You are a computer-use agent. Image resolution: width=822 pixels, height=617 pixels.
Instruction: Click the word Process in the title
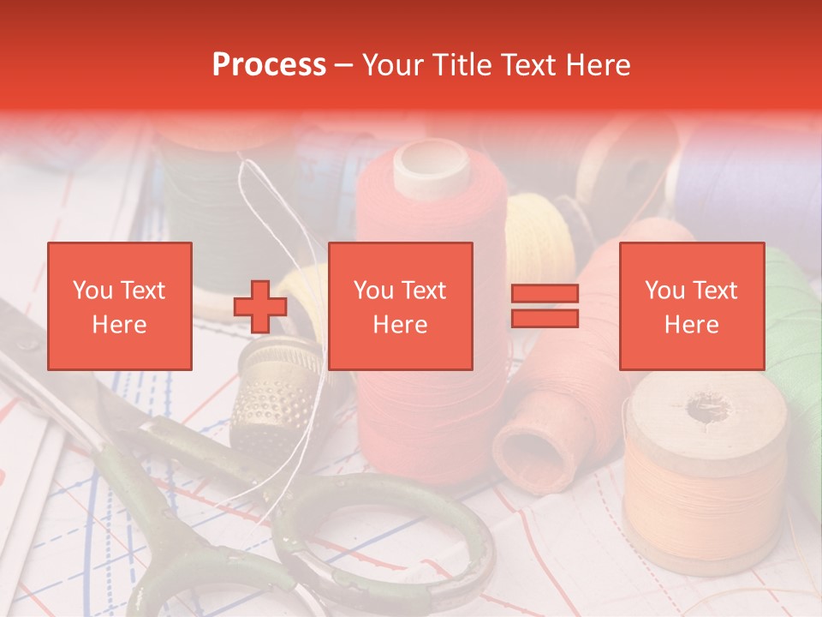[x=269, y=65]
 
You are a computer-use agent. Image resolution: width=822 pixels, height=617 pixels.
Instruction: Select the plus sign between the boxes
[x=260, y=307]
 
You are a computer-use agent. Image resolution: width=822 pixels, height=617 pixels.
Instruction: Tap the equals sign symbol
[x=545, y=306]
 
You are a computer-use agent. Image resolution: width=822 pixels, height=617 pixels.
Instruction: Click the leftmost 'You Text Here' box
[x=120, y=306]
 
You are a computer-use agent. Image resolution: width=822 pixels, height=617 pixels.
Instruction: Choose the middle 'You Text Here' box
[x=400, y=306]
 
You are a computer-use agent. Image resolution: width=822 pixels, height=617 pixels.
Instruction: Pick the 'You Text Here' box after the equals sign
[x=691, y=306]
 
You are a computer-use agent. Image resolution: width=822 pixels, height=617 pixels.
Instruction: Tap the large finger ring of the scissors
[x=385, y=548]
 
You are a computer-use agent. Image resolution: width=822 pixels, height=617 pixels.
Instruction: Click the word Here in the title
[x=599, y=65]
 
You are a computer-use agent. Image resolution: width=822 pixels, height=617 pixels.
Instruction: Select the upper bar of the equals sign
[x=545, y=294]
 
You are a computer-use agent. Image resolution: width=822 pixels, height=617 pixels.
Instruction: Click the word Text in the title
[x=531, y=65]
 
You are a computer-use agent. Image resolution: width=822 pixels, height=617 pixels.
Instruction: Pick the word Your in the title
[x=392, y=65]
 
